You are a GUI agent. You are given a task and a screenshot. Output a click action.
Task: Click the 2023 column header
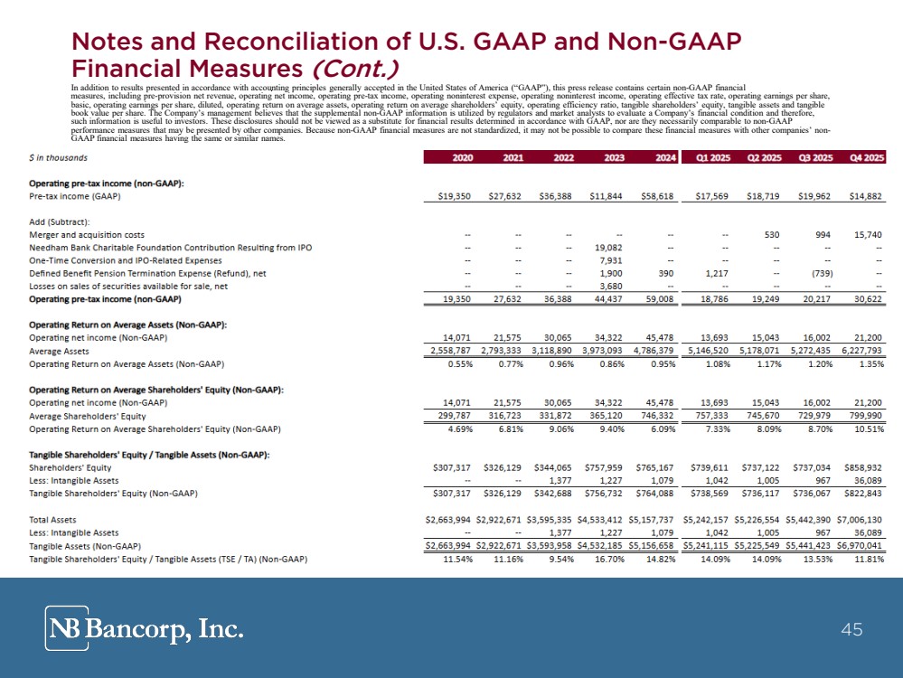tap(612, 157)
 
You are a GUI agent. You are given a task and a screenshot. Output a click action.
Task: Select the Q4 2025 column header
tap(865, 157)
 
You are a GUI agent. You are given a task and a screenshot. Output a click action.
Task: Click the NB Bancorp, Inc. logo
tap(145, 627)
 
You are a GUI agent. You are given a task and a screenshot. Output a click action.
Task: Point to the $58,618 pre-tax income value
tap(659, 196)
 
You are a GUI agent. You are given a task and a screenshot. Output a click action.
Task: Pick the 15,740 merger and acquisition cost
tap(866, 234)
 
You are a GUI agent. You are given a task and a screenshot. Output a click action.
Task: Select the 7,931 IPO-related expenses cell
tap(615, 260)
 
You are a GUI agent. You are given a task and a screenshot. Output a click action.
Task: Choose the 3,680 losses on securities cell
tap(615, 286)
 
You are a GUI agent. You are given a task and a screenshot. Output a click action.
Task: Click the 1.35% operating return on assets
tap(868, 363)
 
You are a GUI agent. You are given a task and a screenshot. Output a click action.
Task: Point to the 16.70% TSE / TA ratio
tap(611, 560)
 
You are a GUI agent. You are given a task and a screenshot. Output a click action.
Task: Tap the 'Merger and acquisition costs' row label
tap(86, 234)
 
